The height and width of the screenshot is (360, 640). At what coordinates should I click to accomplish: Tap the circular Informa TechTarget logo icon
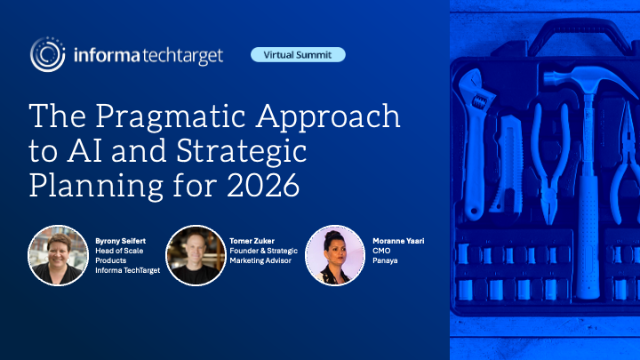point(48,54)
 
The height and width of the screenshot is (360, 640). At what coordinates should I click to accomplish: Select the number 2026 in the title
point(259,186)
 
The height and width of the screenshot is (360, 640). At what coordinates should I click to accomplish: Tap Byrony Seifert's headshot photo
point(58,255)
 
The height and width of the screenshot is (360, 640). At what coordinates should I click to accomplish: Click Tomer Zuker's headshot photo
point(194,255)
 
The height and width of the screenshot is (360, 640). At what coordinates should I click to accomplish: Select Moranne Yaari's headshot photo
point(333,255)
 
